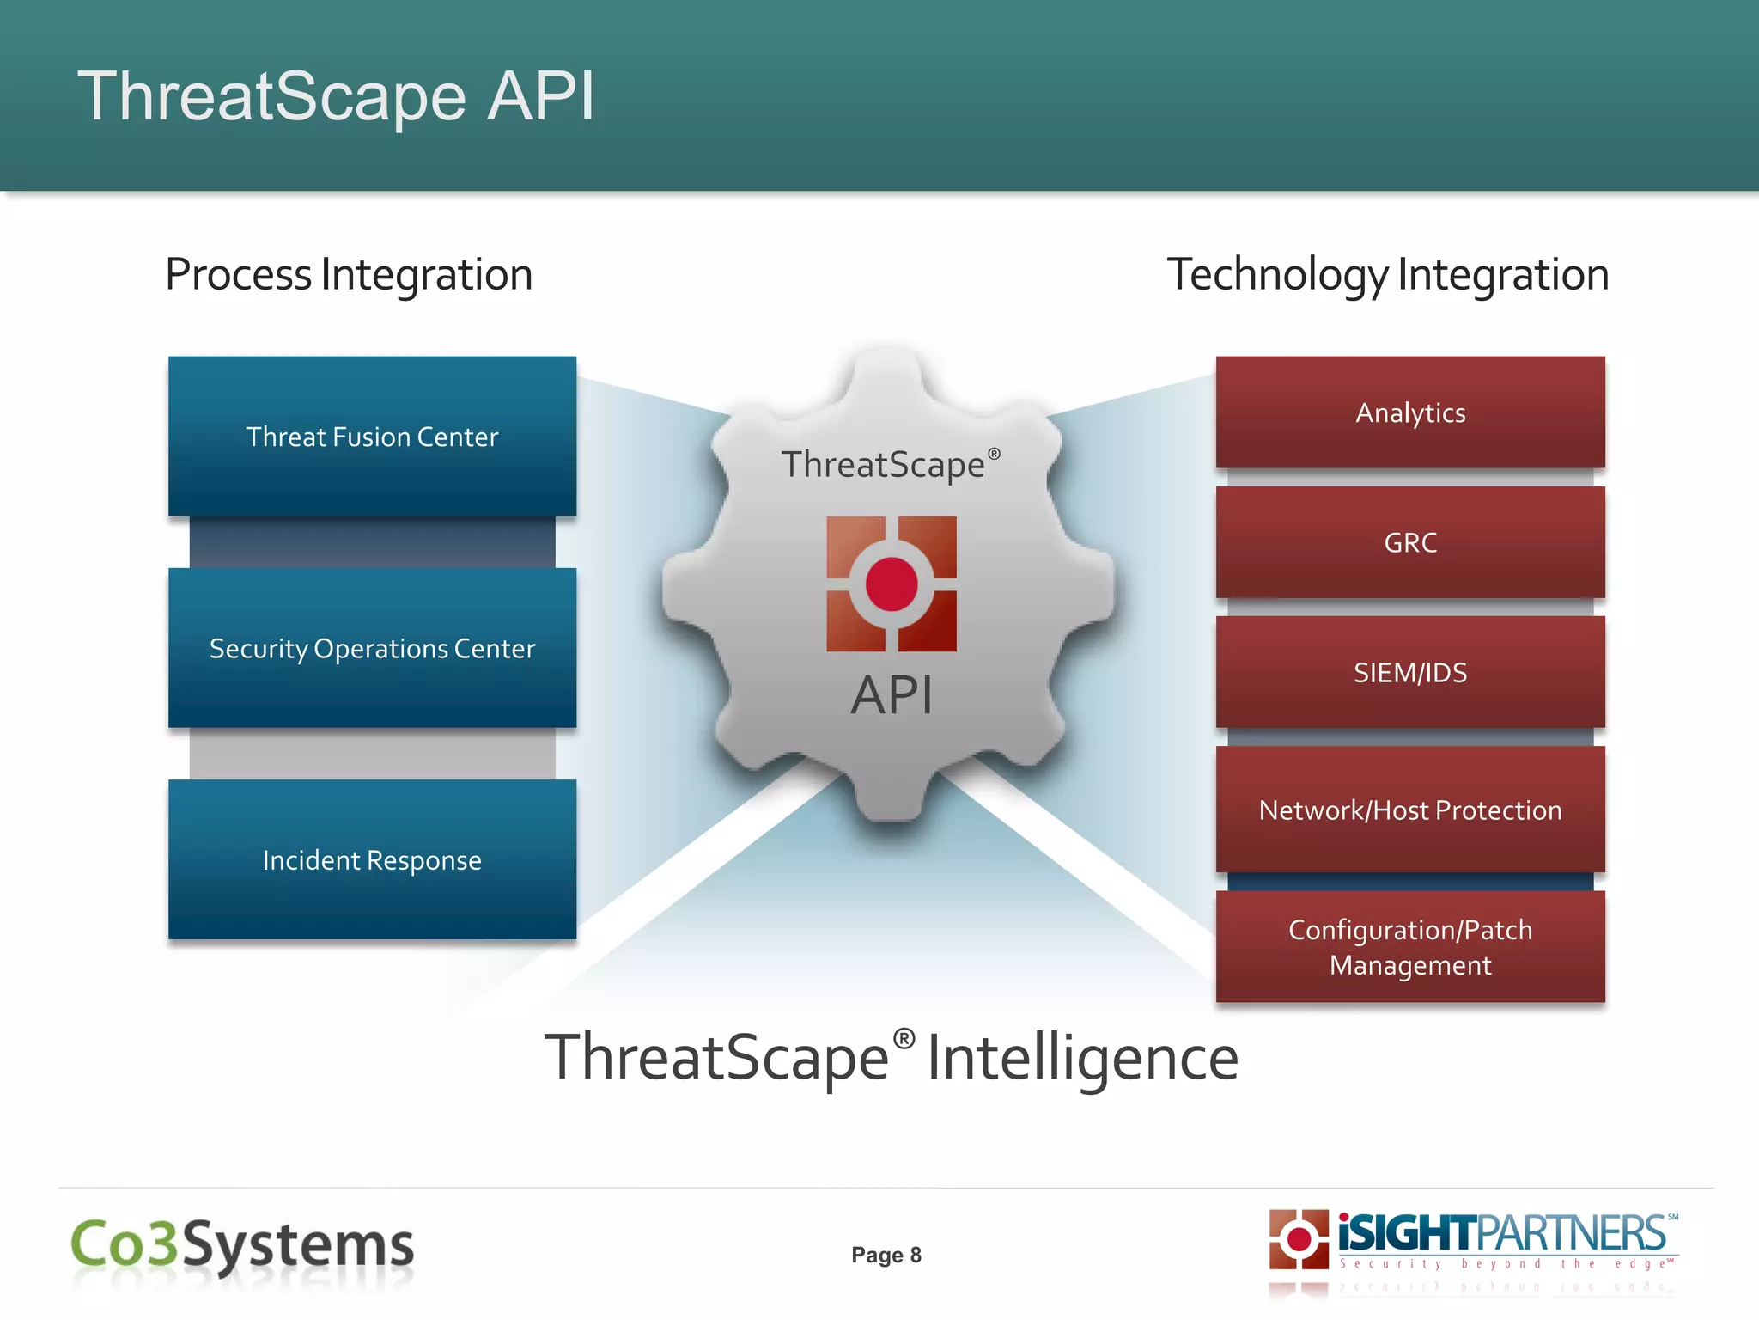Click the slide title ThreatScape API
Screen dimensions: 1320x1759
pos(336,96)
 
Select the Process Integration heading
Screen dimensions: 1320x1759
pos(349,275)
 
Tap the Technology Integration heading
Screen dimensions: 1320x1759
pos(1387,275)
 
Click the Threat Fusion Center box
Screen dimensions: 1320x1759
pos(372,437)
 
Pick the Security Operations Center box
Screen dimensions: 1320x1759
pos(372,648)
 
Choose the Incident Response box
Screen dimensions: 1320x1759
pos(372,859)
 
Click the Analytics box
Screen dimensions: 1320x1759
pos(1410,412)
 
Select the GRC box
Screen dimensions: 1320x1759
pos(1410,542)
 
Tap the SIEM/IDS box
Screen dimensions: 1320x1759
pos(1410,672)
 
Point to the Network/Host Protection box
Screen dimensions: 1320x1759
pos(1410,810)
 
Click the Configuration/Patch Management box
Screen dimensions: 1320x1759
pos(1410,947)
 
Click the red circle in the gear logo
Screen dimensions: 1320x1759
pos(892,584)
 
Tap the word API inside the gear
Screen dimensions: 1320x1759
pos(892,694)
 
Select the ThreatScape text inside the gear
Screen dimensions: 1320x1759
pos(883,465)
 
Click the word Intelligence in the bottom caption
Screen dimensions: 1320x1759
pos(1082,1059)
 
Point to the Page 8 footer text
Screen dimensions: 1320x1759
pos(886,1255)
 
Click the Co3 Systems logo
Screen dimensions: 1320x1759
pos(242,1244)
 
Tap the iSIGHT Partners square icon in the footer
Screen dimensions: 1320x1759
pos(1299,1239)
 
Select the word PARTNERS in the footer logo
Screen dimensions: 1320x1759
pos(1572,1234)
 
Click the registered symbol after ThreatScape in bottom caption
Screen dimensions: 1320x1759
pos(904,1039)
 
